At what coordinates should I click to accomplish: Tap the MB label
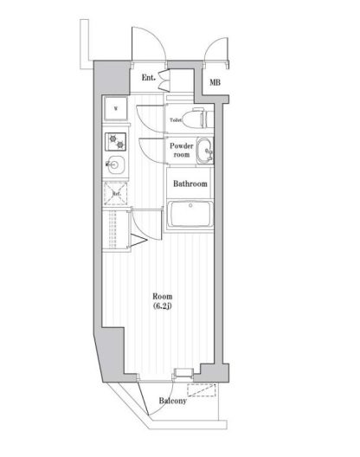[x=214, y=83]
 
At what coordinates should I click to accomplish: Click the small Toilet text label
[x=176, y=119]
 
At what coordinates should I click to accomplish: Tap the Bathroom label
[x=189, y=183]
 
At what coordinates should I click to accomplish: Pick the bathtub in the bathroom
[x=190, y=213]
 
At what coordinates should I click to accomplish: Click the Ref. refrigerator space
[x=115, y=193]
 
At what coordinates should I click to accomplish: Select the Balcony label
[x=174, y=401]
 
